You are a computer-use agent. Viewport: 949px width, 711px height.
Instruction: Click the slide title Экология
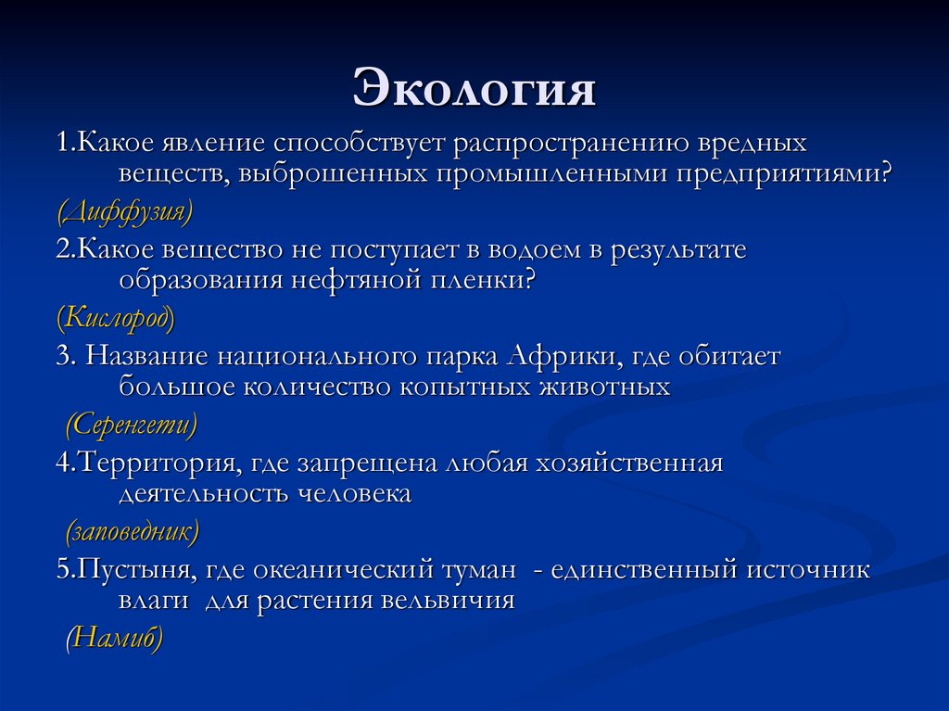474,90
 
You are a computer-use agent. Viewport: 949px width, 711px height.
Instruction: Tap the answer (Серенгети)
132,425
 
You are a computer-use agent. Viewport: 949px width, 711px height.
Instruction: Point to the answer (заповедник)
132,532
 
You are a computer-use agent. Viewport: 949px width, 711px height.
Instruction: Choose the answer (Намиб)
114,639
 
